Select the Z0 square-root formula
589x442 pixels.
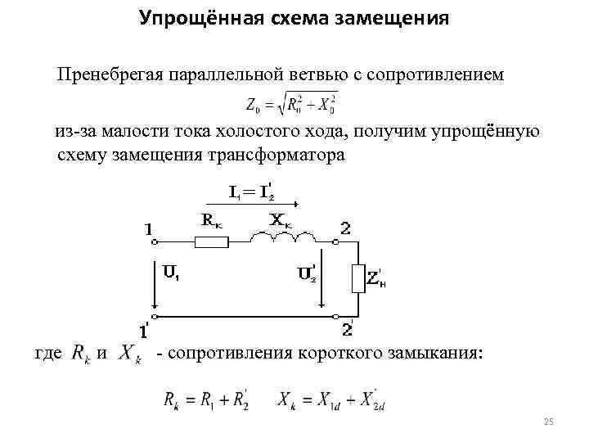[x=291, y=104]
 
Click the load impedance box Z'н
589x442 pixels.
[x=357, y=278]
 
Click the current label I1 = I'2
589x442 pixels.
[x=250, y=193]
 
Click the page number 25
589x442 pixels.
[x=549, y=422]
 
